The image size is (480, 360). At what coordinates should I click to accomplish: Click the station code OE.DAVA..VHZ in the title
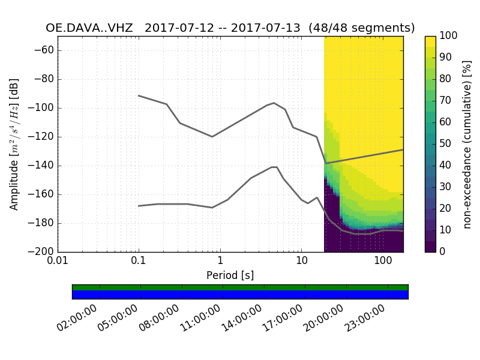click(x=89, y=28)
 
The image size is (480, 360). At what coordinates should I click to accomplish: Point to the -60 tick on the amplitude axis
click(x=46, y=50)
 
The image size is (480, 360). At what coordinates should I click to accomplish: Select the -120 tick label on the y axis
click(x=43, y=137)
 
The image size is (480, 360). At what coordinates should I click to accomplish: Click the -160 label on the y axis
click(x=43, y=194)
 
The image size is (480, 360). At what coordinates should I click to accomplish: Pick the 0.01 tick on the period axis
click(x=58, y=262)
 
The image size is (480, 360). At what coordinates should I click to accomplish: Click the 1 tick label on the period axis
click(x=220, y=262)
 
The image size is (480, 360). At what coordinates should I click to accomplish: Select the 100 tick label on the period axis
click(x=383, y=262)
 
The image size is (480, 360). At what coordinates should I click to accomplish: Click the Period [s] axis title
click(x=230, y=275)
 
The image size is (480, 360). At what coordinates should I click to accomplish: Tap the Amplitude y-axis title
click(x=14, y=144)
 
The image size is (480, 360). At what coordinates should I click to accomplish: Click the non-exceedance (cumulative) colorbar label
click(x=468, y=144)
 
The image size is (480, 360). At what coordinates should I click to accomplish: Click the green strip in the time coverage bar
click(x=240, y=287)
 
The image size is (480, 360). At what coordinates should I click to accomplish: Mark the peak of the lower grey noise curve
click(x=274, y=167)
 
